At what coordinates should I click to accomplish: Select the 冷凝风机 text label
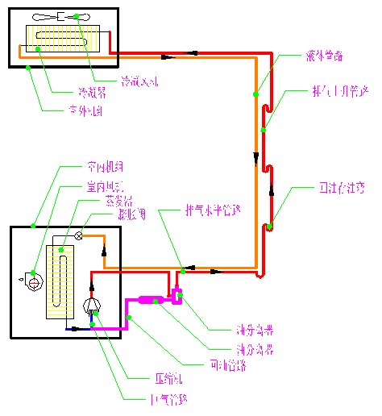pyautogui.click(x=140, y=81)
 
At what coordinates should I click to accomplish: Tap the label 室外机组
pyautogui.click(x=84, y=111)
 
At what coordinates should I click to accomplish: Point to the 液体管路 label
pyautogui.click(x=324, y=56)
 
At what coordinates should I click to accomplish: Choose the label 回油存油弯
pyautogui.click(x=342, y=188)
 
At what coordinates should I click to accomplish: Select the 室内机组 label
pyautogui.click(x=105, y=168)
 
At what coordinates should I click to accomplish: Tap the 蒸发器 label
pyautogui.click(x=113, y=200)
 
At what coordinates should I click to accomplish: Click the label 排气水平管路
pyautogui.click(x=213, y=210)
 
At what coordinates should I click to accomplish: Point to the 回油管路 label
pyautogui.click(x=226, y=365)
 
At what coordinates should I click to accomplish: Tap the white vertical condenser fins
pyautogui.click(x=63, y=38)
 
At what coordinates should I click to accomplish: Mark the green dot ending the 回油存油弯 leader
pyautogui.click(x=270, y=227)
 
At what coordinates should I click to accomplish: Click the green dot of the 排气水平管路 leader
pyautogui.click(x=183, y=270)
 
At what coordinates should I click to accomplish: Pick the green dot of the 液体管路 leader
pyautogui.click(x=255, y=94)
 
